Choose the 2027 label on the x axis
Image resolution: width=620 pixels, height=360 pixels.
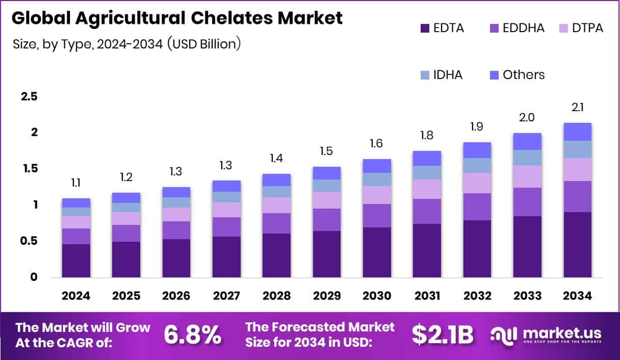click(x=226, y=296)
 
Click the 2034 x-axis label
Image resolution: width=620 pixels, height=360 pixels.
click(x=578, y=296)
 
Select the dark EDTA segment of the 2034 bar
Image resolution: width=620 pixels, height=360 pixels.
click(x=578, y=245)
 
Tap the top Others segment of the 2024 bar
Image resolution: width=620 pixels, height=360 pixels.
click(x=76, y=203)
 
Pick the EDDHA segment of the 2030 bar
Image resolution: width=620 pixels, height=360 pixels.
click(x=377, y=216)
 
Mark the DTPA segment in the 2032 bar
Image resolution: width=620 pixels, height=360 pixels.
click(x=477, y=183)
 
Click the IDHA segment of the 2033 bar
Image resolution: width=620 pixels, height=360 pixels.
click(x=527, y=158)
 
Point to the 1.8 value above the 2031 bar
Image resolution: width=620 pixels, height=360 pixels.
click(x=427, y=136)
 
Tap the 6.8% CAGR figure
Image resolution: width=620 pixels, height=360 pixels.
click(x=192, y=335)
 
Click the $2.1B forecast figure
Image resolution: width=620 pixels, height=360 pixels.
click(x=443, y=335)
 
